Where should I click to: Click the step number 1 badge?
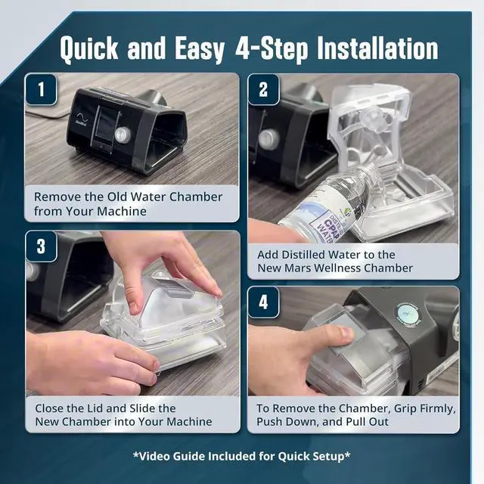tap(41, 90)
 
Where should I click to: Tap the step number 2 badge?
tap(263, 90)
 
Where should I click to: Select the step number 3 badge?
tap(41, 247)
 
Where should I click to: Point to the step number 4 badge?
tap(263, 302)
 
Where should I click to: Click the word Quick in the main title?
tap(89, 49)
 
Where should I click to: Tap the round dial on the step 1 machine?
tap(123, 135)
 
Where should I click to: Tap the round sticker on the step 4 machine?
tap(408, 315)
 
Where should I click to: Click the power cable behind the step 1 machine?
tap(47, 116)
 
